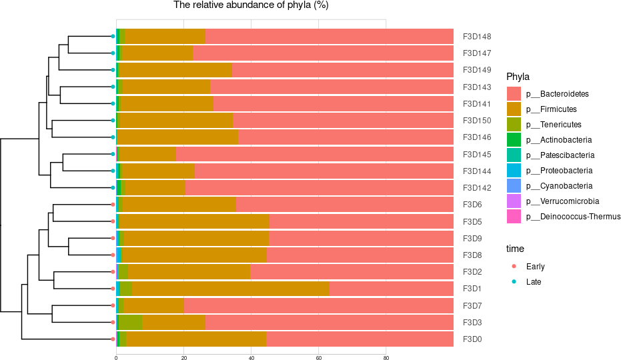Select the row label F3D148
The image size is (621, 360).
tap(477, 36)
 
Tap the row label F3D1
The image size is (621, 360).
tap(472, 289)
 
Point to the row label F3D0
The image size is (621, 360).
tap(472, 339)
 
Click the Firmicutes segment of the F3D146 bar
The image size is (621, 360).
tap(177, 137)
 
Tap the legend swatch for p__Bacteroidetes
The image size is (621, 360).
tap(514, 93)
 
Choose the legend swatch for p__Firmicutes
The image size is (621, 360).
tap(514, 109)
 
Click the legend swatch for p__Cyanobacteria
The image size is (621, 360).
tap(514, 185)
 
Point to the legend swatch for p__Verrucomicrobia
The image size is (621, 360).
tap(514, 201)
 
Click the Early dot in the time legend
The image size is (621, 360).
tap(514, 267)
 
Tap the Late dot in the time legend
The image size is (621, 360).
tap(514, 282)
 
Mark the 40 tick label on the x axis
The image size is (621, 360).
tap(251, 358)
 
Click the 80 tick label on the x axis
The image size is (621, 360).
tap(386, 358)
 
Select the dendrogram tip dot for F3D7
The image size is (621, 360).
tap(113, 305)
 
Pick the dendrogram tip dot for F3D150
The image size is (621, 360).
tap(113, 121)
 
